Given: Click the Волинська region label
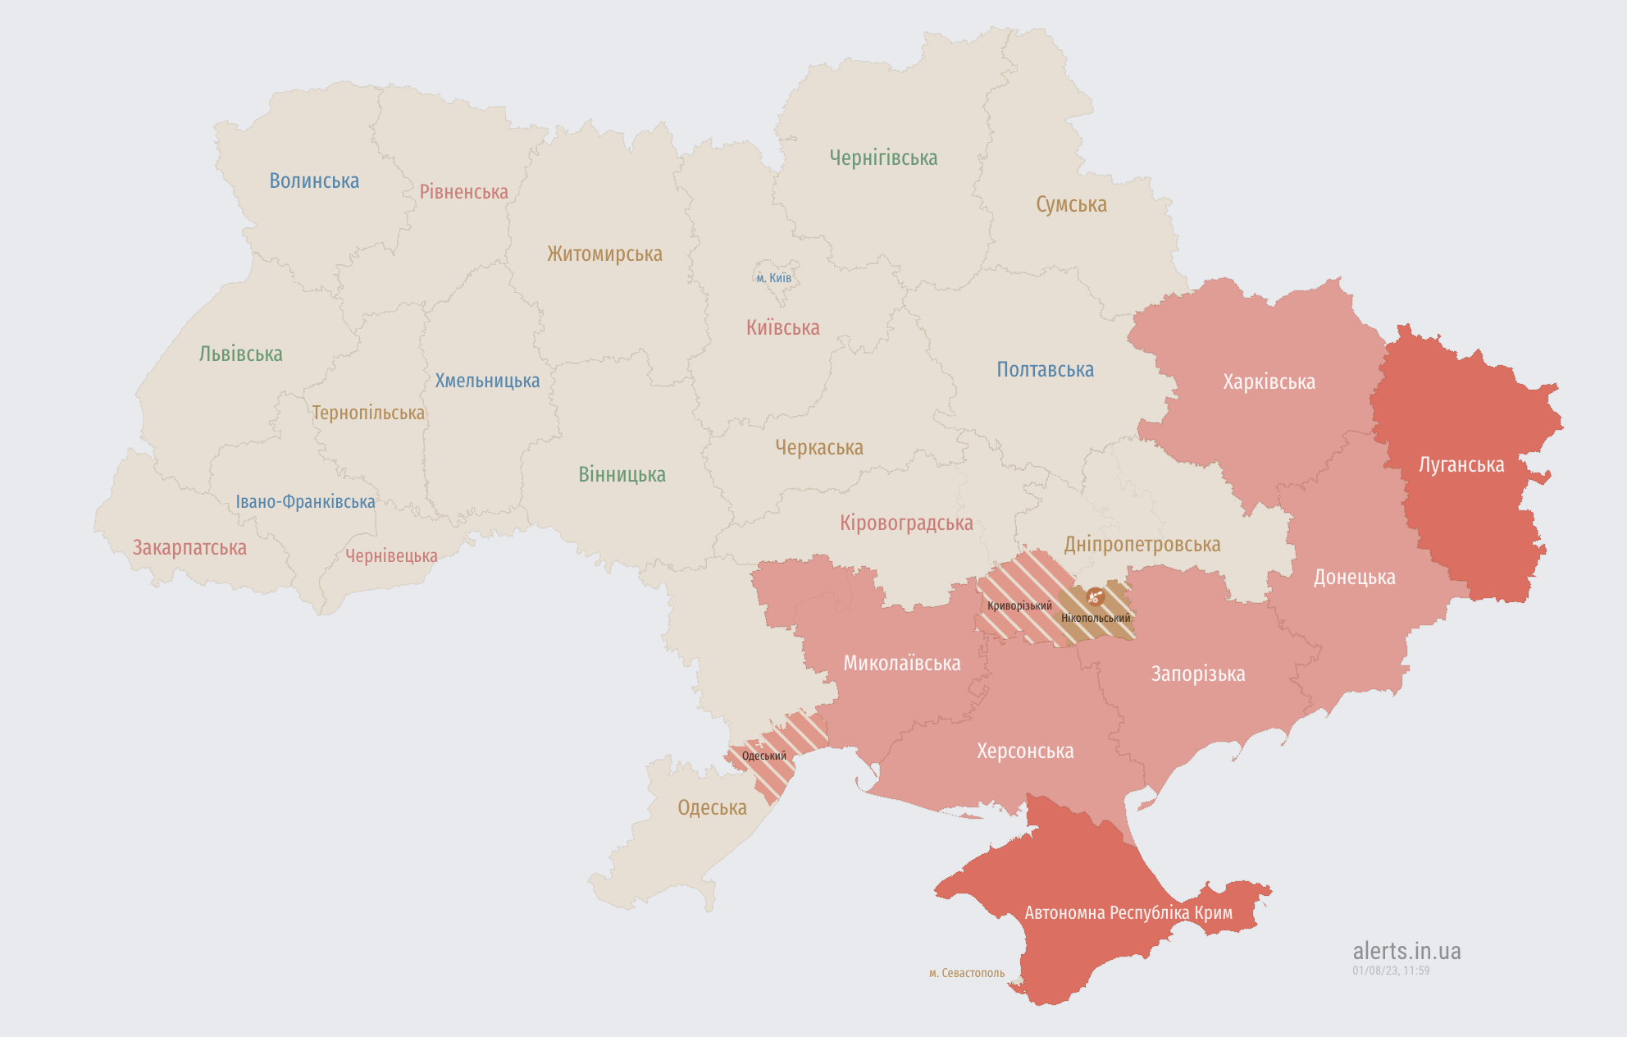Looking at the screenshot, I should (314, 181).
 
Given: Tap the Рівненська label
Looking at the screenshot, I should (463, 192).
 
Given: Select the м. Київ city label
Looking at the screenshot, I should (773, 278).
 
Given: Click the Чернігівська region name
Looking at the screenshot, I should (883, 158).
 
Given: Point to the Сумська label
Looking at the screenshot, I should (1071, 205).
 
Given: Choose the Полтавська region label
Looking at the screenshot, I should (1045, 370).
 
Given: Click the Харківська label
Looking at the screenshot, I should (1269, 382).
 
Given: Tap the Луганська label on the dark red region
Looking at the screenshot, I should (1461, 465).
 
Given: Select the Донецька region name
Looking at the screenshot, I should (1354, 578).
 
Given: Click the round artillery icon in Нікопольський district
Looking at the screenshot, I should (1095, 596).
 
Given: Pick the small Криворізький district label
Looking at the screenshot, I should (1019, 606).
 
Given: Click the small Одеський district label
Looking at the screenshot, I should (763, 756).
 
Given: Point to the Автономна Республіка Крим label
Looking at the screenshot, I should (1128, 913).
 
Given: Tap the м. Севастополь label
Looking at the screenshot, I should (966, 973).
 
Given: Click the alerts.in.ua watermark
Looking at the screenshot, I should (1406, 951).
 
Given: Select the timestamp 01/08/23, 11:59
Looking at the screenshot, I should (1391, 971).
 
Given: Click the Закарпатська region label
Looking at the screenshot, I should (189, 548).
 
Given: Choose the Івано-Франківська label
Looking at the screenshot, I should (305, 502).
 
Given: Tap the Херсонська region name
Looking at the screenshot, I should (1025, 751).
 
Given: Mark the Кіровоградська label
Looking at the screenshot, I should (906, 523).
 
